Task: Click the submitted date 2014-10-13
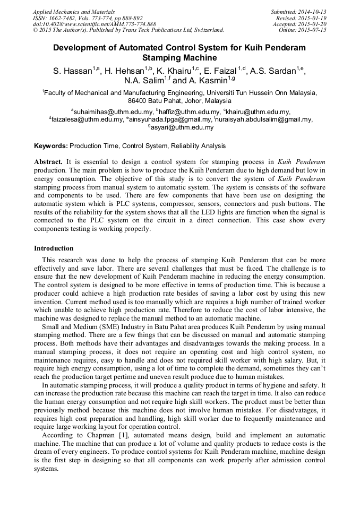pyautogui.click(x=311, y=11)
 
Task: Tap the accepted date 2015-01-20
pyautogui.click(x=311, y=24)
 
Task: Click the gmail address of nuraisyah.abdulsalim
pyautogui.click(x=264, y=120)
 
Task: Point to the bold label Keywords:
pyautogui.click(x=51, y=145)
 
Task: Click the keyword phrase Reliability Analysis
pyautogui.click(x=199, y=145)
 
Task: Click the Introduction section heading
pyautogui.click(x=54, y=248)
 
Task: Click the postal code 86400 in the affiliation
pyautogui.click(x=139, y=100)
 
